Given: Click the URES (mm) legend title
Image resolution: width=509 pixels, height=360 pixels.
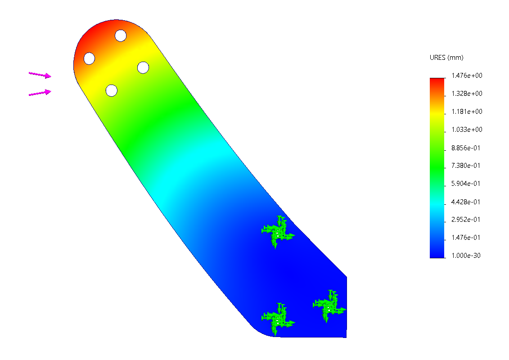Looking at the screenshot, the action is click(x=446, y=58).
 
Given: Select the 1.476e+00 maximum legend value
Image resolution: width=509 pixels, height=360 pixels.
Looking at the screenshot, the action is click(x=467, y=76).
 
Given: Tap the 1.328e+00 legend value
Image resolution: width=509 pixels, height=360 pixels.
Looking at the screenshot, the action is click(x=467, y=94).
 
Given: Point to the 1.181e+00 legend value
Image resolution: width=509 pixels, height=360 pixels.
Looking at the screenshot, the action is click(x=467, y=112).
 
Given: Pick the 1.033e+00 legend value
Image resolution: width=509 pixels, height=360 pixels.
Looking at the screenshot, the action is click(x=467, y=130).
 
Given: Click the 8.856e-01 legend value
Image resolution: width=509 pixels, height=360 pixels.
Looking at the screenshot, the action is click(x=465, y=148).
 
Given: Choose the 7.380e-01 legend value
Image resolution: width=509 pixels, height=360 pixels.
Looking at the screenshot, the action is click(x=465, y=166).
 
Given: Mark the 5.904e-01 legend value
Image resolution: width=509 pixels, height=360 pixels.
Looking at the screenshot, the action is click(x=465, y=184).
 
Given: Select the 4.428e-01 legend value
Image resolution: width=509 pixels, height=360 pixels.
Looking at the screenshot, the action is click(x=465, y=202).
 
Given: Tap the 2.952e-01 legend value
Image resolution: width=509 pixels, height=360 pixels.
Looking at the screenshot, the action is click(x=465, y=220).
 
